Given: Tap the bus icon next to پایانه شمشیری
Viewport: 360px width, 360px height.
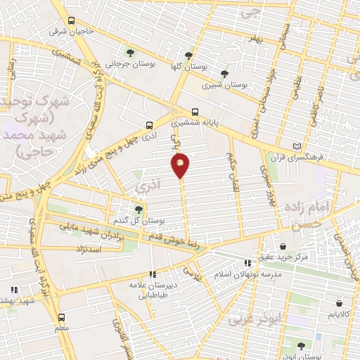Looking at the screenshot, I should (x=195, y=112).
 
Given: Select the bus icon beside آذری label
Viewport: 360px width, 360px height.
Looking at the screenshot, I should (x=148, y=125).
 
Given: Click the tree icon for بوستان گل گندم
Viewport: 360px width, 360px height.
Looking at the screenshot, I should (x=138, y=210).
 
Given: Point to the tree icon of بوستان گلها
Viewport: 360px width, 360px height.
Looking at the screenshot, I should (x=188, y=55).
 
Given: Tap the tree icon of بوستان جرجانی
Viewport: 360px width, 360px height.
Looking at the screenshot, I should (x=129, y=52).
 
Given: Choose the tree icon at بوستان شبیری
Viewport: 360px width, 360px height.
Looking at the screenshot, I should (x=224, y=73).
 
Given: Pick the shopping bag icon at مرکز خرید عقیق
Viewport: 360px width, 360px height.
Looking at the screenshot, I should (x=283, y=247).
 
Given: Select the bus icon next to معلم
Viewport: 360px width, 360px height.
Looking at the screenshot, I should (x=61, y=317).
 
